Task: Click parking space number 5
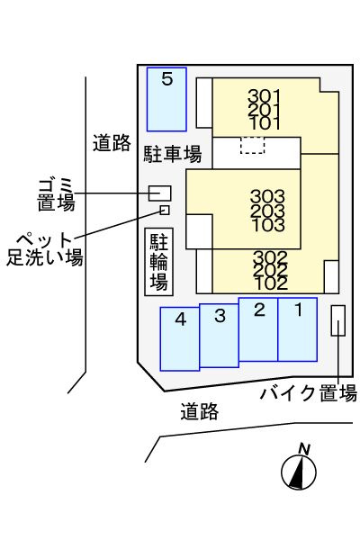coord(166,99)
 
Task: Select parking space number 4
coord(179,339)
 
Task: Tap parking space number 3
coord(219,336)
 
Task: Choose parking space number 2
coord(258,329)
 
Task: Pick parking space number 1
coord(298,329)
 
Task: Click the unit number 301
coord(265,96)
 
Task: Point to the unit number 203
coord(267,211)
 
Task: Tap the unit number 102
coord(271,283)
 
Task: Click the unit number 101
coord(265,123)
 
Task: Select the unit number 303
coord(267,196)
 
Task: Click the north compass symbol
coord(299,467)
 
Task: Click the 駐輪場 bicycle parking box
coord(158,262)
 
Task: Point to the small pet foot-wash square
coord(165,210)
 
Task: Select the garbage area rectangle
coord(160,193)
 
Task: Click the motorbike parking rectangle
coord(338,320)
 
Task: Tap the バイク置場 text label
coord(309,393)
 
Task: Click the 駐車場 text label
coord(172,154)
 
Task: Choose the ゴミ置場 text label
coord(56,195)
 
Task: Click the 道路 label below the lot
coord(200,411)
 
